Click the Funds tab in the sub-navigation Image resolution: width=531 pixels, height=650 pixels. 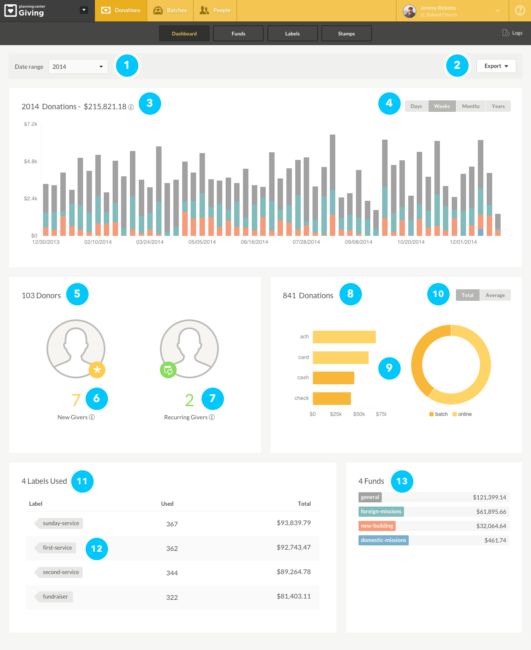point(238,33)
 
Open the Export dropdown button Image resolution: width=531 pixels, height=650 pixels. point(496,66)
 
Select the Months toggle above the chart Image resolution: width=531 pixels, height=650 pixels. point(471,106)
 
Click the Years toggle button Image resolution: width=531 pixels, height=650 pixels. point(498,106)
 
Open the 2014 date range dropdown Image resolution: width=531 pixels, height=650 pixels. point(78,67)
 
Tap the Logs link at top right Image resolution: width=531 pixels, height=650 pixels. point(513,33)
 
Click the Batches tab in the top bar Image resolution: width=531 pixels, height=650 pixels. point(170,11)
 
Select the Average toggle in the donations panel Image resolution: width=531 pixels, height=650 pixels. point(495,295)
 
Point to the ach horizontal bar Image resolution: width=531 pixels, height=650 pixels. point(344,337)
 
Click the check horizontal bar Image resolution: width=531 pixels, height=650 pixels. point(332,398)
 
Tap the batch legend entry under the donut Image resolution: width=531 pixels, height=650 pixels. point(439,414)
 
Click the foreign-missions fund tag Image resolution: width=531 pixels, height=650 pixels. point(381,512)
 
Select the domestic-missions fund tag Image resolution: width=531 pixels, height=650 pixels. point(383,540)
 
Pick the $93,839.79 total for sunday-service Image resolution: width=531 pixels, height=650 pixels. point(294,523)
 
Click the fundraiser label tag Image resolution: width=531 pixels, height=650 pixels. point(55,597)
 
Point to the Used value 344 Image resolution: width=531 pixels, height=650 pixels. point(172,573)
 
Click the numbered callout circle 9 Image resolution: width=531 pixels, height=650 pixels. point(389,368)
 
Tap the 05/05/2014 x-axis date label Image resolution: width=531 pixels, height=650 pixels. point(202,242)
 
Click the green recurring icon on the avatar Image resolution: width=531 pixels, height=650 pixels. point(168,370)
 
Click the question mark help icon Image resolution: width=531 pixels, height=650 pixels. point(520,11)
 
